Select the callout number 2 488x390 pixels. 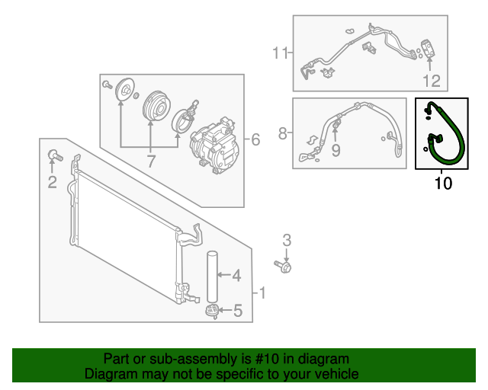coord(52,181)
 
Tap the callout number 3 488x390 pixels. coord(287,241)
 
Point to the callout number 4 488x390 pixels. coord(236,275)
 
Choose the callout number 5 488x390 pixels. coord(237,310)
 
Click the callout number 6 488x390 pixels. coord(255,139)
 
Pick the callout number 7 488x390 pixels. coord(150,161)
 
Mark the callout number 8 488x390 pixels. coord(283,134)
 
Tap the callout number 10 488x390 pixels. coord(443,183)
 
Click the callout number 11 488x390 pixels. coord(281,53)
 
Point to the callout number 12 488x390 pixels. coord(432,80)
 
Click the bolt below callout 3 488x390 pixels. coord(284,266)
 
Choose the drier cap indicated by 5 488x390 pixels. coord(211,309)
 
